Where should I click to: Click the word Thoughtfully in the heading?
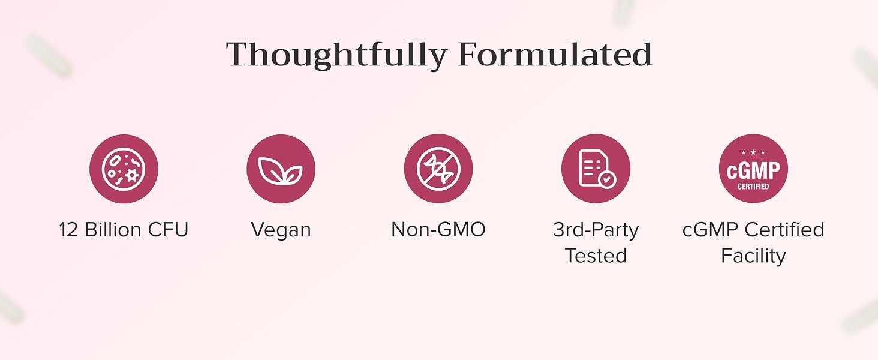336,55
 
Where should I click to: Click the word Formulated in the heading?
555,54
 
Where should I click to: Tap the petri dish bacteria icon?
124,169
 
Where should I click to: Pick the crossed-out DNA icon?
438,169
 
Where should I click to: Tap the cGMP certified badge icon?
753,169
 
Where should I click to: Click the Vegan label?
281,230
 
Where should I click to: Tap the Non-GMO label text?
438,230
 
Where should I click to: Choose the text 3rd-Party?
596,230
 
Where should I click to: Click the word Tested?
596,256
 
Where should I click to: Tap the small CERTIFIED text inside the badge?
753,187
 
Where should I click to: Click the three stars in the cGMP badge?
753,152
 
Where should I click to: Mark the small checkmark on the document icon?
607,179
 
